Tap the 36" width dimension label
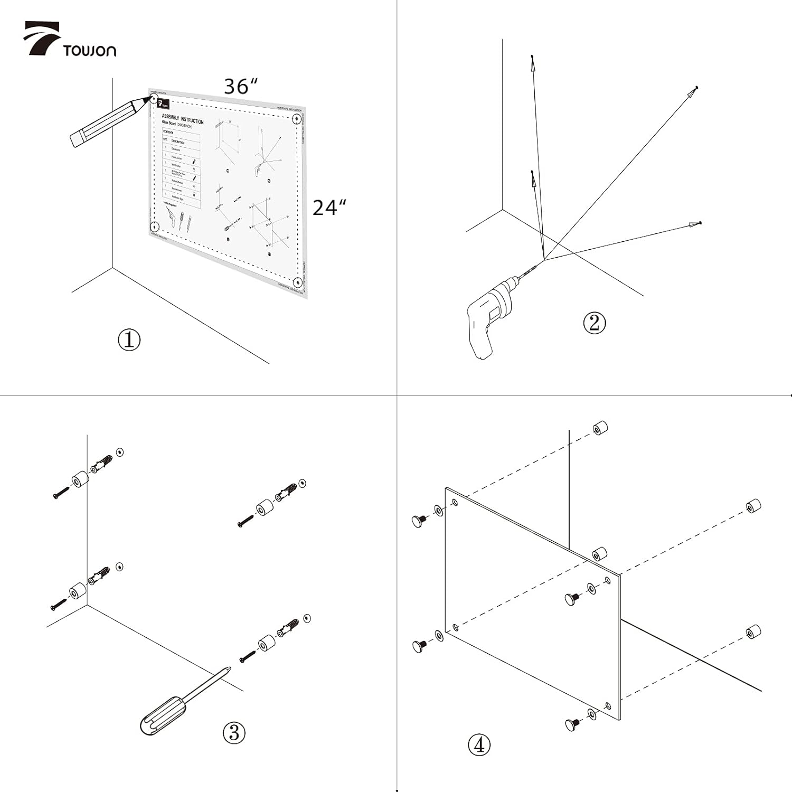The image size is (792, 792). [x=241, y=86]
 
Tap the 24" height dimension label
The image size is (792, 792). [x=329, y=208]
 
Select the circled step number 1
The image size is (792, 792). [x=129, y=340]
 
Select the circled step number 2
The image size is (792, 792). [x=594, y=323]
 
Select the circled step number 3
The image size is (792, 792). [x=234, y=732]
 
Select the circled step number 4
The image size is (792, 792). [x=479, y=745]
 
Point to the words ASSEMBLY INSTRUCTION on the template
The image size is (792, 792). [x=182, y=119]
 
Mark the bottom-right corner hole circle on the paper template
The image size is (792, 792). [x=297, y=281]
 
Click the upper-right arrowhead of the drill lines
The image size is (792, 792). [x=691, y=92]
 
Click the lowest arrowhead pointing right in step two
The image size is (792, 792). [x=693, y=225]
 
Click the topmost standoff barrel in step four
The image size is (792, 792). [x=600, y=428]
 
